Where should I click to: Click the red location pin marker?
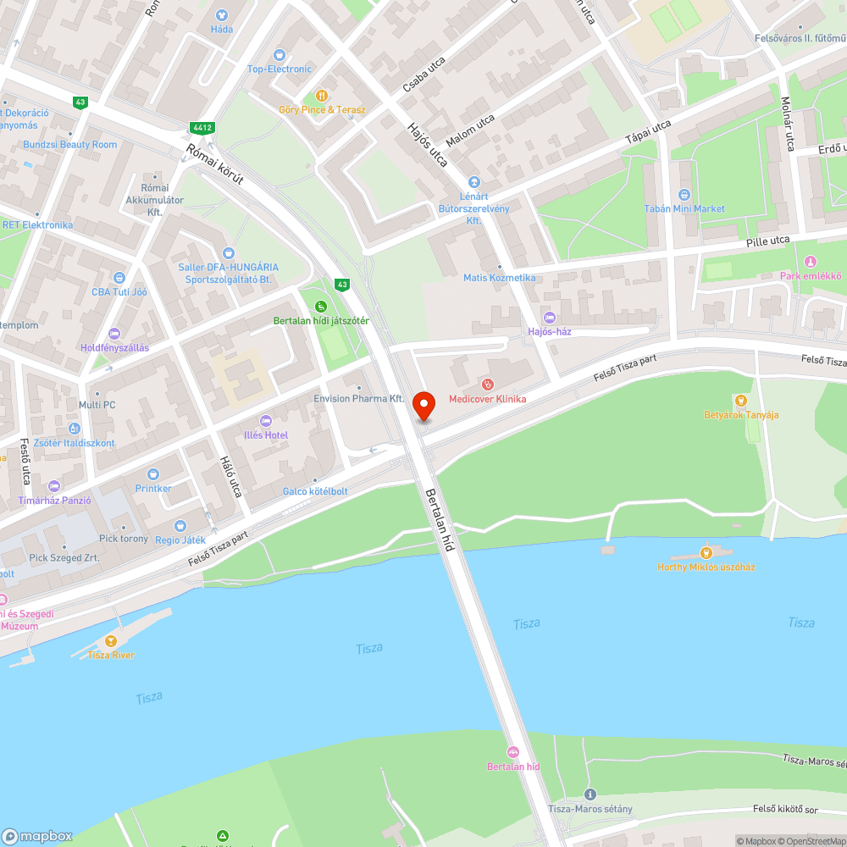pyautogui.click(x=423, y=406)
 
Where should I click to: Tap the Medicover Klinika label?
pyautogui.click(x=487, y=399)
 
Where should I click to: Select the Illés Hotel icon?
pyautogui.click(x=265, y=421)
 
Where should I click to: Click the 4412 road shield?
pyautogui.click(x=202, y=128)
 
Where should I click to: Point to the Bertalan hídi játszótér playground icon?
pyautogui.click(x=320, y=307)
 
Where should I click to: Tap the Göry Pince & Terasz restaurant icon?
pyautogui.click(x=322, y=96)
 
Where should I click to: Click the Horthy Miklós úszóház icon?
pyautogui.click(x=706, y=552)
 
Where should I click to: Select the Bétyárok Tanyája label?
pyautogui.click(x=741, y=415)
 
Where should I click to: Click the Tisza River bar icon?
pyautogui.click(x=109, y=640)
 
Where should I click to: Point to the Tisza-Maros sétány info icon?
pyautogui.click(x=590, y=794)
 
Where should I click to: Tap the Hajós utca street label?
pyautogui.click(x=428, y=145)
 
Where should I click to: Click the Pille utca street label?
pyautogui.click(x=768, y=241)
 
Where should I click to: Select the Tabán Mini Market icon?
pyautogui.click(x=685, y=194)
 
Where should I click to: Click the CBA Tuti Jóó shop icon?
pyautogui.click(x=119, y=277)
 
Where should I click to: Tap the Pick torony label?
pyautogui.click(x=123, y=539)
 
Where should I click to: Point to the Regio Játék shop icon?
pyautogui.click(x=180, y=526)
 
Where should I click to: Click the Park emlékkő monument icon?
pyautogui.click(x=811, y=262)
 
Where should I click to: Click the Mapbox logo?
pyautogui.click(x=38, y=836)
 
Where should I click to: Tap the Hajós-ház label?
pyautogui.click(x=550, y=331)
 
